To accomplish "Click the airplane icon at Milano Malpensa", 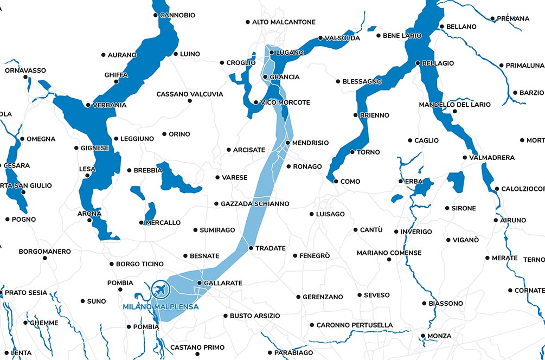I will [159, 290].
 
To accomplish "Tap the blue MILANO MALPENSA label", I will [161, 307].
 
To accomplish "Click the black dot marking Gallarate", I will [199, 283].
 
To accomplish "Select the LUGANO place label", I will [290, 53].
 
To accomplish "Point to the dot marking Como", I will [336, 181].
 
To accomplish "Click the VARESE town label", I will [234, 177].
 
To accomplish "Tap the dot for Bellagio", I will [418, 63].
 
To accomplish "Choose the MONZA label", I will [439, 336].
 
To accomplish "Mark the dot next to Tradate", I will [251, 248].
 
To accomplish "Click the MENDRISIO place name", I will [310, 143].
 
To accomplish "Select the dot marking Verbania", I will [88, 105].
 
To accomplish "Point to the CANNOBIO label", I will [177, 15].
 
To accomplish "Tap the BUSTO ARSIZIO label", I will [255, 316].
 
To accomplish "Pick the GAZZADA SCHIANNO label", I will [255, 204].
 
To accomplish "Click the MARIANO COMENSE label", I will [389, 253].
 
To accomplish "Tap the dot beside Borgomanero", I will [45, 258].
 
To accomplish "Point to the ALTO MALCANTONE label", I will [284, 22].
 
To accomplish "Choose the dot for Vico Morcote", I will [255, 102].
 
